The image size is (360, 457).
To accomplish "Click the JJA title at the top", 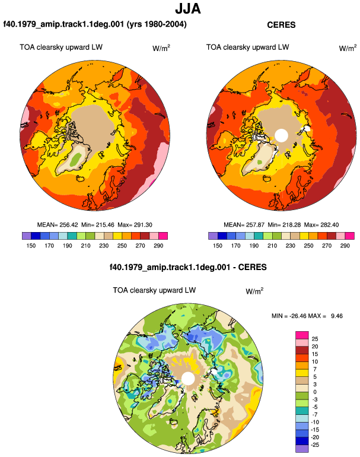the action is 188,9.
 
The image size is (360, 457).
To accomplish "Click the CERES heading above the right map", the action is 281,25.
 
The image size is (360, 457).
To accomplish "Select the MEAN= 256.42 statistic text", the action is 58,225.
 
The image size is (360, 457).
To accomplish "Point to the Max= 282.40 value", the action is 321,225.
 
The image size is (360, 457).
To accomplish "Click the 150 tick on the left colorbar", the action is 31,246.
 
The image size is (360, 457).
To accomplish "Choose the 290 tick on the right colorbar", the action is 345,246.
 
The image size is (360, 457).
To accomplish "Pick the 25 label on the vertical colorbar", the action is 315,339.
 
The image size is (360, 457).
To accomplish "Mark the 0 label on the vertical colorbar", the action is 315,392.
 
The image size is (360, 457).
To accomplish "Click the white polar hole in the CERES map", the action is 281,135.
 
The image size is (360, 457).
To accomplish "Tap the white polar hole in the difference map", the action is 188,378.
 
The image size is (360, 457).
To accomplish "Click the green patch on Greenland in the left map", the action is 76,159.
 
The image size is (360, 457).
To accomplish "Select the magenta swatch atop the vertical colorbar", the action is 302,335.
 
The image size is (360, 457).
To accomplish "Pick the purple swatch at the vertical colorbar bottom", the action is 302,449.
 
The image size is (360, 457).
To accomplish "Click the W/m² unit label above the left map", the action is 161,48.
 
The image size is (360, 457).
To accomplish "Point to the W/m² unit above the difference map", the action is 254,291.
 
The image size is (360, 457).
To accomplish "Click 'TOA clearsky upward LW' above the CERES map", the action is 247,47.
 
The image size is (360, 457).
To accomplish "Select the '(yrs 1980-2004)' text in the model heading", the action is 157,24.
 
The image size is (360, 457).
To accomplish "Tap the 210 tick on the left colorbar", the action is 85,246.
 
